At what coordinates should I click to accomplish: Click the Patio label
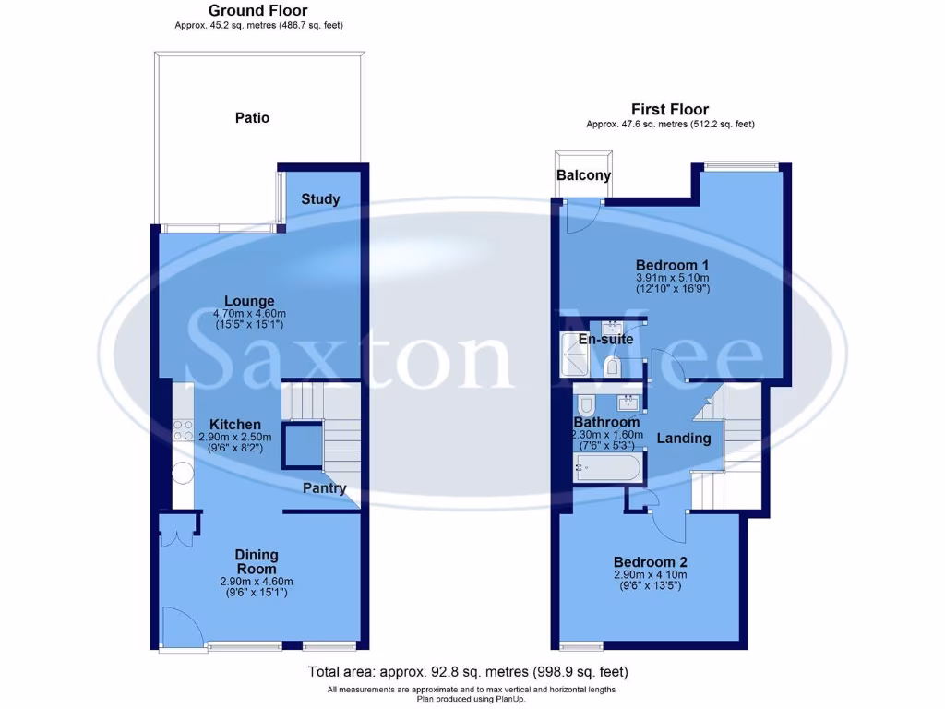click(x=252, y=118)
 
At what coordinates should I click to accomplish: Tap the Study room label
click(x=320, y=199)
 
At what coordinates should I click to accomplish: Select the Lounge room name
click(x=250, y=301)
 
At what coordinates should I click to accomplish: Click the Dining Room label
click(x=256, y=561)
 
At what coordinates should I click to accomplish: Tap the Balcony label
click(x=583, y=175)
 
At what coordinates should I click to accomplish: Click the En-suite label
click(x=605, y=339)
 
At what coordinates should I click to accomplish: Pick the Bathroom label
click(x=607, y=422)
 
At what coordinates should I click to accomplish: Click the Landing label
click(x=683, y=438)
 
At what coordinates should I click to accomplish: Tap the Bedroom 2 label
click(x=651, y=561)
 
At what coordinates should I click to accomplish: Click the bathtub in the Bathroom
click(x=606, y=468)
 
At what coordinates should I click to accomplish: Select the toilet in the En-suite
click(x=612, y=368)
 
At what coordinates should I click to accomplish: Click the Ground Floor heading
click(x=257, y=10)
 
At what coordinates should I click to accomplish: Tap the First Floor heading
click(x=669, y=109)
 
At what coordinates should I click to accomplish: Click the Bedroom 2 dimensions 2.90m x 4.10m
click(x=651, y=574)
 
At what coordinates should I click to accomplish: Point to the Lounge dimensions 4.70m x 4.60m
click(x=250, y=314)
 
